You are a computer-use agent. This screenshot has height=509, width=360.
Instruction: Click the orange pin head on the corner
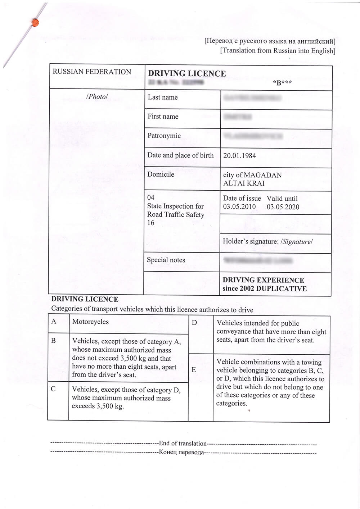(x=35, y=23)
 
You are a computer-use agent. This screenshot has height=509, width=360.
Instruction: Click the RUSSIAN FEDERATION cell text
(x=92, y=72)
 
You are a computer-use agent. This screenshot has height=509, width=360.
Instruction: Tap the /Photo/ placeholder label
(x=97, y=96)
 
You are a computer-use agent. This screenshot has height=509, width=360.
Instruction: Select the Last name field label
(x=163, y=97)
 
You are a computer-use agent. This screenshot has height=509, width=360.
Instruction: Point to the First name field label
(x=163, y=116)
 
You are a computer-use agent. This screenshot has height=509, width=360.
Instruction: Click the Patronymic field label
(x=164, y=136)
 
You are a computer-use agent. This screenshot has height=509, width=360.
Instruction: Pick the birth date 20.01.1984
(x=240, y=156)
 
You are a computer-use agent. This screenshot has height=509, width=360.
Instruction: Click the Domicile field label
(x=161, y=174)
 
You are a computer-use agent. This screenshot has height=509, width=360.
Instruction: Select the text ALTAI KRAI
(x=244, y=183)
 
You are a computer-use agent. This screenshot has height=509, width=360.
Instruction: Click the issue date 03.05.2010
(x=239, y=207)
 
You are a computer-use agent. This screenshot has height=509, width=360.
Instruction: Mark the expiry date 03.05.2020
(x=283, y=207)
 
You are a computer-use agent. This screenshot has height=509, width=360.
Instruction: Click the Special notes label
(x=166, y=260)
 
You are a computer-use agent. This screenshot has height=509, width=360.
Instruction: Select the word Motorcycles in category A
(x=90, y=322)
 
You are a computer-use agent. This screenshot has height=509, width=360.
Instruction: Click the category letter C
(x=53, y=389)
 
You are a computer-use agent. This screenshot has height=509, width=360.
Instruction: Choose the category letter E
(x=194, y=370)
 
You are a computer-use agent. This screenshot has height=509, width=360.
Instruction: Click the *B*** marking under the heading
(x=283, y=83)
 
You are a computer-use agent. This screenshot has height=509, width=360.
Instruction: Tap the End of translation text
(x=183, y=444)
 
